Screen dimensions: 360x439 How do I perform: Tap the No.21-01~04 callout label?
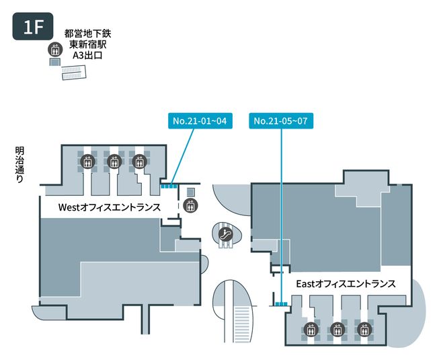click(200, 121)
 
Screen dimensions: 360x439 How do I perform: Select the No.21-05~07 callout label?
click(282, 121)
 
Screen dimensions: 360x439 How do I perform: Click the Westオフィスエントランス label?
click(100, 207)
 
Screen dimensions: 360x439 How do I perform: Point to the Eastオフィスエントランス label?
click(345, 284)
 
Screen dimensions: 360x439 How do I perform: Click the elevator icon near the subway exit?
click(53, 49)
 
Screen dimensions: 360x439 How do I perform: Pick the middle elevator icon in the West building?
click(113, 161)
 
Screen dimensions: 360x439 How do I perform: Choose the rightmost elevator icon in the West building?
click(139, 161)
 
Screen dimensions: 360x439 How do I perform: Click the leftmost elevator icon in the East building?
click(310, 330)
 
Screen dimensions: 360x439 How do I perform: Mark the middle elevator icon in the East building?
click(336, 330)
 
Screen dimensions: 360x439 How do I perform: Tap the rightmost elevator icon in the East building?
click(363, 330)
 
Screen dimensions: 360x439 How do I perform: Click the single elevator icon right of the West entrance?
click(190, 206)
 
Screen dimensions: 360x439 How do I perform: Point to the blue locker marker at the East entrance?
click(280, 305)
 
